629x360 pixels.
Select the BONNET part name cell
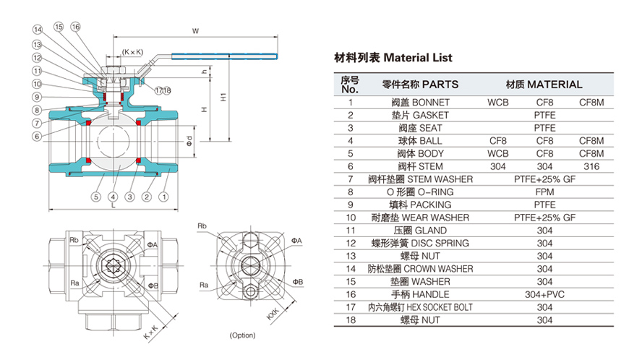click(x=419, y=103)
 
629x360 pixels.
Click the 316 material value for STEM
click(x=591, y=166)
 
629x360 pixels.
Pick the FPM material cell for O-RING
click(x=544, y=192)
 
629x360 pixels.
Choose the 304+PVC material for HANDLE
click(x=544, y=294)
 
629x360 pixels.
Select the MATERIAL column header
click(x=544, y=84)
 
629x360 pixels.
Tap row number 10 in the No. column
click(x=351, y=218)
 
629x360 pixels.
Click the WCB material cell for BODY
click(x=497, y=153)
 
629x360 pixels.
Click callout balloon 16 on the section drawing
click(x=76, y=27)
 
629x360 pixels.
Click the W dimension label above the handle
click(x=195, y=31)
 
